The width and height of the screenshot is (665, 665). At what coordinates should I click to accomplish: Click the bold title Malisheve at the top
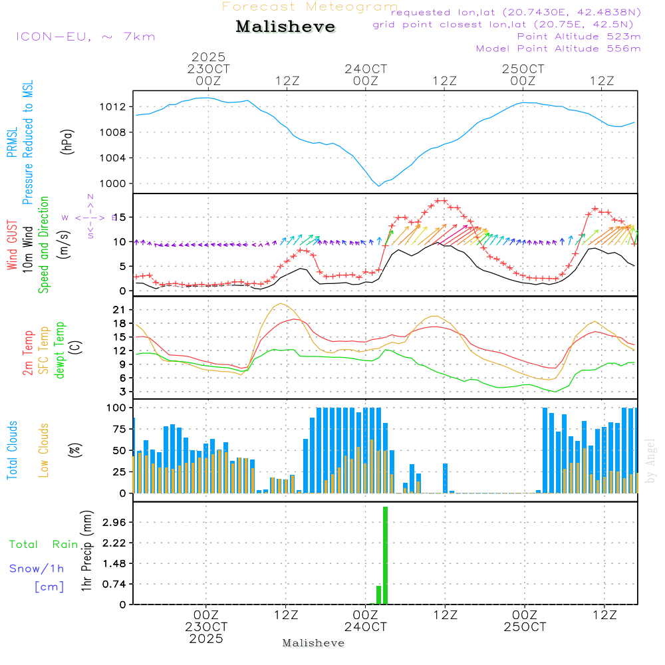pos(285,27)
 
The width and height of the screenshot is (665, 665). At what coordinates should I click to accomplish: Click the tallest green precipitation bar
pos(385,555)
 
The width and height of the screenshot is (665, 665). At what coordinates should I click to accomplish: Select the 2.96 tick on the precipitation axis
pos(116,523)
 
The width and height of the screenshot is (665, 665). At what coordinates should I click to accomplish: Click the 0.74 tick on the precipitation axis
pos(116,584)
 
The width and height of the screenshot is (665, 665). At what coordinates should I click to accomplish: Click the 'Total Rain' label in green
pos(43,545)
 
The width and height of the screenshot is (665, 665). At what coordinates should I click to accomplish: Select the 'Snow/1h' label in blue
pos(37,569)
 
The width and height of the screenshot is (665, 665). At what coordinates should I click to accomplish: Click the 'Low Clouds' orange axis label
pos(45,450)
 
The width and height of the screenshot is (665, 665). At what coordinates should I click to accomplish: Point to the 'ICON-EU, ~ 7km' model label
pos(85,37)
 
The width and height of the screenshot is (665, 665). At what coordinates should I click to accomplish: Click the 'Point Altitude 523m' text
pos(579,37)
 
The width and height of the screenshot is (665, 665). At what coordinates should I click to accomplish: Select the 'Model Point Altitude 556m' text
pos(558,49)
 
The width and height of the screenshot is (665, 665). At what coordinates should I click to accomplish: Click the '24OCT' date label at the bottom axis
pos(365,627)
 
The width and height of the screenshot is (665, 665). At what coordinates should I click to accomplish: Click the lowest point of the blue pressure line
pos(379,186)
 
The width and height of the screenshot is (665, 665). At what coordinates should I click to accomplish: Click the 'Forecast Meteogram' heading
pos(310,7)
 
